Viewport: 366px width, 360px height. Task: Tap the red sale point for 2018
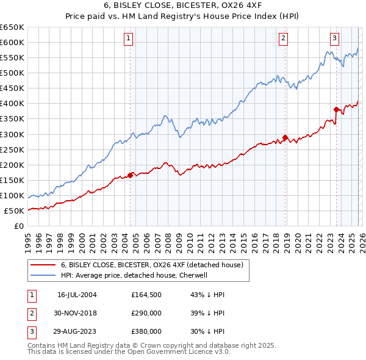pos(285,137)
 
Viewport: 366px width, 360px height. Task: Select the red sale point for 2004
pos(131,175)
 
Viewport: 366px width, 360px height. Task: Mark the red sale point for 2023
pos(336,110)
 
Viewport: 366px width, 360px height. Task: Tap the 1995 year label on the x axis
pos(27,242)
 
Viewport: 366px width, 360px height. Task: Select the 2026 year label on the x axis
pos(361,242)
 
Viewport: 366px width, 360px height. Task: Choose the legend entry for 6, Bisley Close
pos(152,265)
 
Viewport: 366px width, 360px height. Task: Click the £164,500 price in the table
pos(146,295)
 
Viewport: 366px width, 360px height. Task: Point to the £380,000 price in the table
pos(146,331)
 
